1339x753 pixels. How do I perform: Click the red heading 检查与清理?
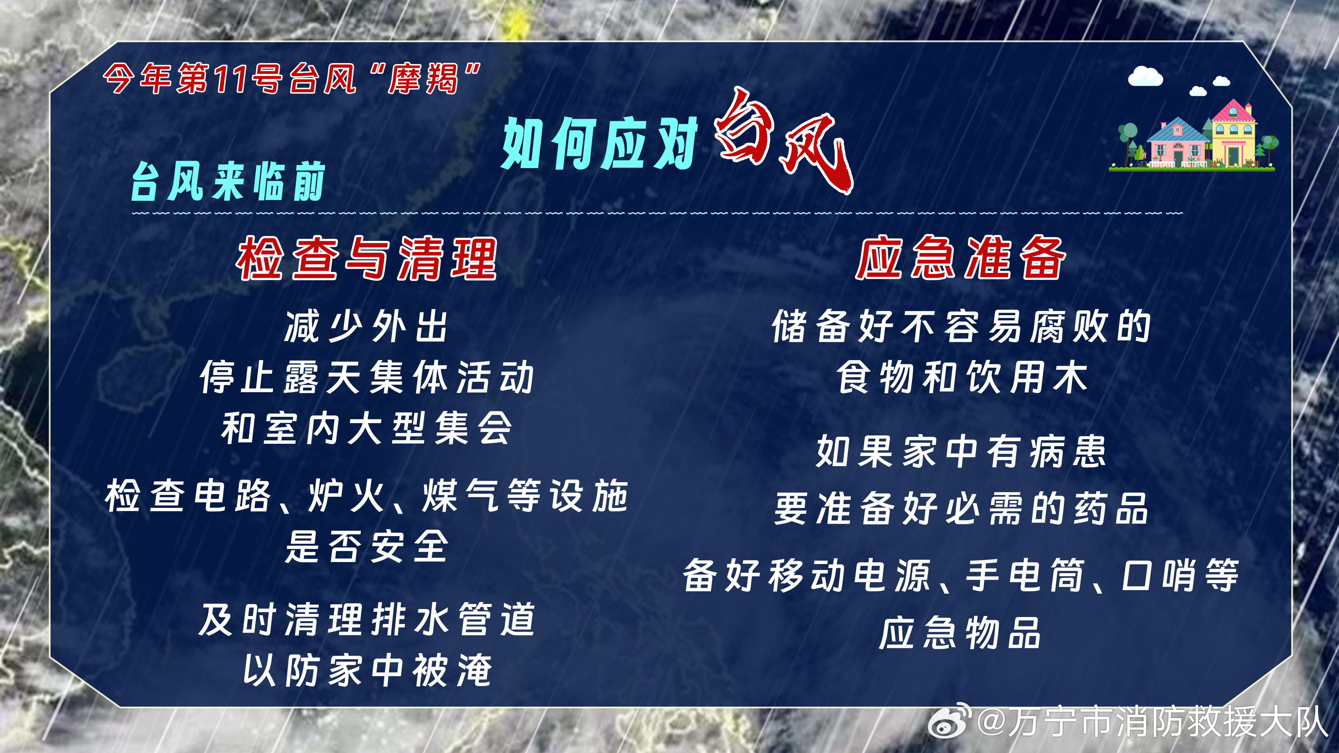click(367, 258)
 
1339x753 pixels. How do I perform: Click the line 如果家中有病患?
click(961, 451)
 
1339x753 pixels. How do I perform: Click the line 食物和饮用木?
click(962, 377)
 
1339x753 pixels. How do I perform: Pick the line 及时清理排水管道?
click(366, 619)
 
